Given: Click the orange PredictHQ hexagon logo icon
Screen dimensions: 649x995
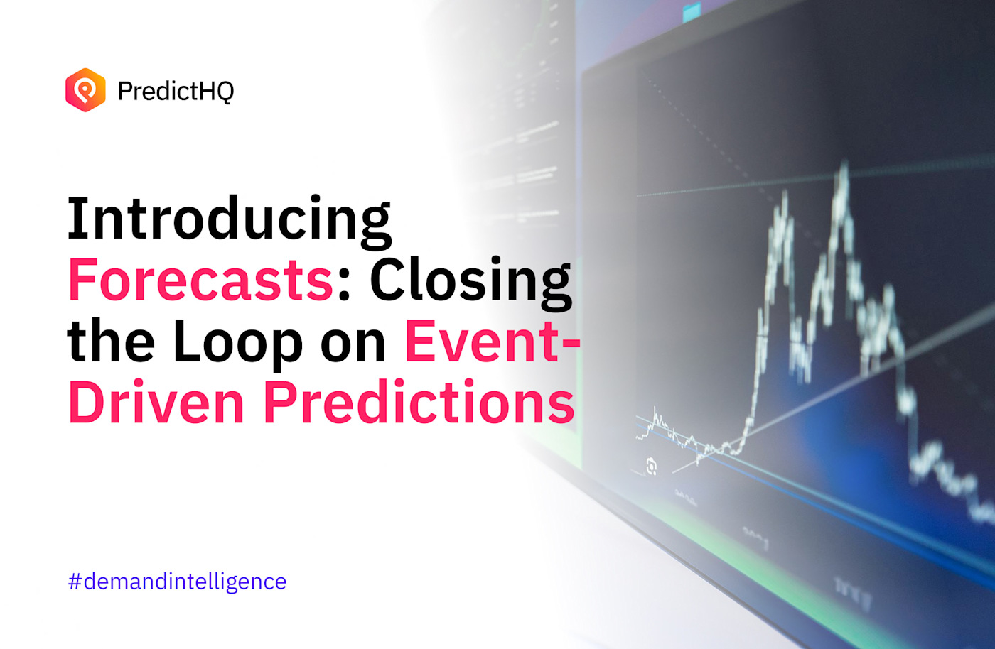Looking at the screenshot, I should (85, 90).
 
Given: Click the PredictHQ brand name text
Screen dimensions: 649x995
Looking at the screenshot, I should (176, 91).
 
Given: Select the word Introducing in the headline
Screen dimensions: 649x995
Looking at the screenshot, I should (229, 219).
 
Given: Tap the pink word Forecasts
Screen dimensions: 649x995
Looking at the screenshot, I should (200, 280).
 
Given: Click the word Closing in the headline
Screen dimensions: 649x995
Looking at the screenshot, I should (470, 281).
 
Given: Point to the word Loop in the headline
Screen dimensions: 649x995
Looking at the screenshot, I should (237, 342).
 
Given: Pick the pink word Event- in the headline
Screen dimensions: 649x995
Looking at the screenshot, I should (492, 342).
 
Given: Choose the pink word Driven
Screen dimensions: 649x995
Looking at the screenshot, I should (156, 403).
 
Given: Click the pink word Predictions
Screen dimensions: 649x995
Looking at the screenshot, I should (419, 403).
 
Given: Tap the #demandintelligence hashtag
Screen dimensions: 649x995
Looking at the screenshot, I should (178, 582).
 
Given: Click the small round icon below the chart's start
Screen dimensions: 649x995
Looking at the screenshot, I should (651, 467).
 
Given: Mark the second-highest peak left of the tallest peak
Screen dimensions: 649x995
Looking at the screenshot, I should (784, 199).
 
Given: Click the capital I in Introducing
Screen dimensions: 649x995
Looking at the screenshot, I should (76, 219).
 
